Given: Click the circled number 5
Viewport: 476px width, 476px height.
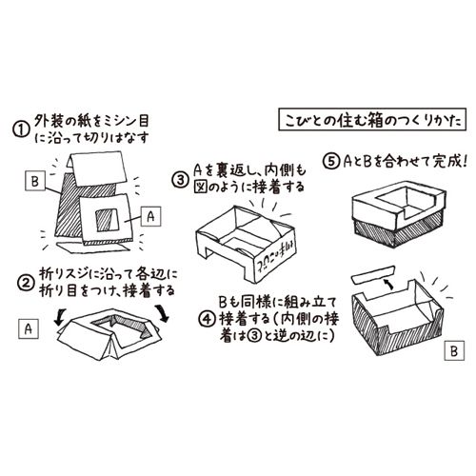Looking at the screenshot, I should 331,159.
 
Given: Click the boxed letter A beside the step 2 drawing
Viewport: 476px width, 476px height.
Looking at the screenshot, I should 28,328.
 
